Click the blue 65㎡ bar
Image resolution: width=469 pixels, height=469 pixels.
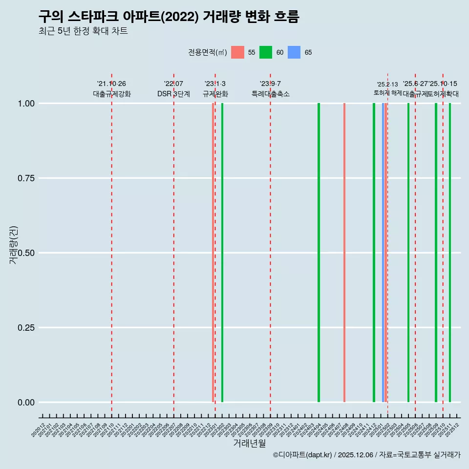point(383,253)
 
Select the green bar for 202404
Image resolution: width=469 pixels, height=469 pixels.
point(319,253)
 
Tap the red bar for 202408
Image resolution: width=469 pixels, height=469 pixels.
point(344,253)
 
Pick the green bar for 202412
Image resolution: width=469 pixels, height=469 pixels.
point(374,253)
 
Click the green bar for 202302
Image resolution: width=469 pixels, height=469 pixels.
point(222,253)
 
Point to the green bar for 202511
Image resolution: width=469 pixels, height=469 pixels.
point(450,253)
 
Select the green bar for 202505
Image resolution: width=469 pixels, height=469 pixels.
point(408,253)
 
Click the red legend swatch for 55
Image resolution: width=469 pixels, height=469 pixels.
point(237,52)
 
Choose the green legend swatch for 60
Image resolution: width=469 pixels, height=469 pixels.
point(266,52)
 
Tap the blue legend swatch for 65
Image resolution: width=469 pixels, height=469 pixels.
point(294,52)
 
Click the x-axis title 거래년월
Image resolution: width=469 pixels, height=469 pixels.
point(250,443)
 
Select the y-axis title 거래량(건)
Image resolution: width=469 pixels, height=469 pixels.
point(13,245)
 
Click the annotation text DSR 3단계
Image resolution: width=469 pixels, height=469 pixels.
point(173,94)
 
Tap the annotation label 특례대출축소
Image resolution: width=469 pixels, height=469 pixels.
point(270,94)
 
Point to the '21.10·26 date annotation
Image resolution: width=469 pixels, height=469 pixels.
point(111,84)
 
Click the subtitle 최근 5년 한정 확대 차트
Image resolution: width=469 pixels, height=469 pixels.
point(83,31)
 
